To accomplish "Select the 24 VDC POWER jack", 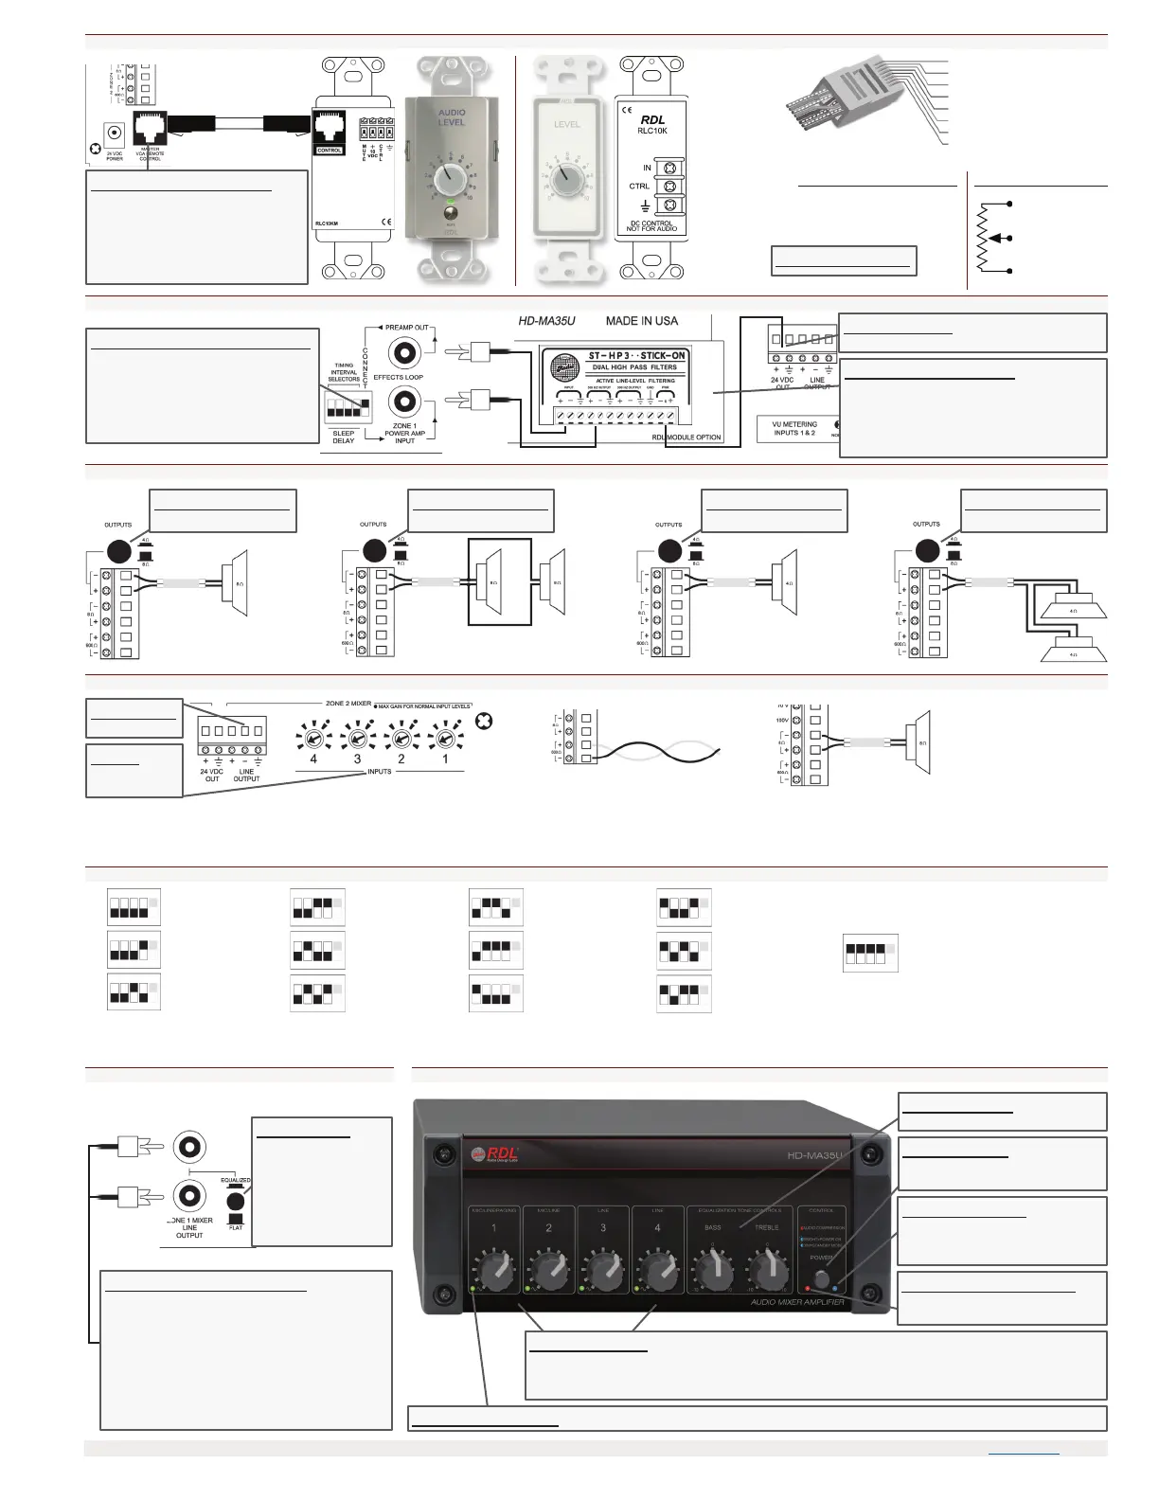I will (x=115, y=134).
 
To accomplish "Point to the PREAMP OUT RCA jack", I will (x=406, y=352).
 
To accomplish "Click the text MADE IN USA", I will (x=642, y=321).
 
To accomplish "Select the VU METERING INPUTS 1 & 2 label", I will (x=793, y=428).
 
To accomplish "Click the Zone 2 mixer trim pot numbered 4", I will (x=313, y=735).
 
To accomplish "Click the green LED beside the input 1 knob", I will (x=473, y=1290).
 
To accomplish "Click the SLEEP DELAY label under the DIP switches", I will (x=344, y=437).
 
